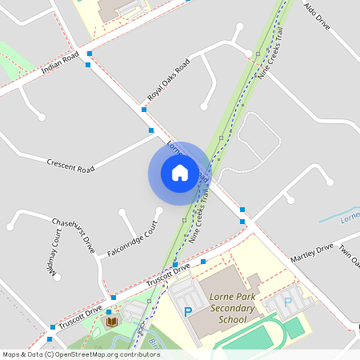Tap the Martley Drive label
tap(311, 254)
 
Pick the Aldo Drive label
tap(317, 16)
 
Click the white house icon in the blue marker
tap(180, 172)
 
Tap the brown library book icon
tap(112, 321)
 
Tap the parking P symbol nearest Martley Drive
tap(288, 302)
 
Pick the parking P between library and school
tap(189, 311)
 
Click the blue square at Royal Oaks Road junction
tap(144, 109)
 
